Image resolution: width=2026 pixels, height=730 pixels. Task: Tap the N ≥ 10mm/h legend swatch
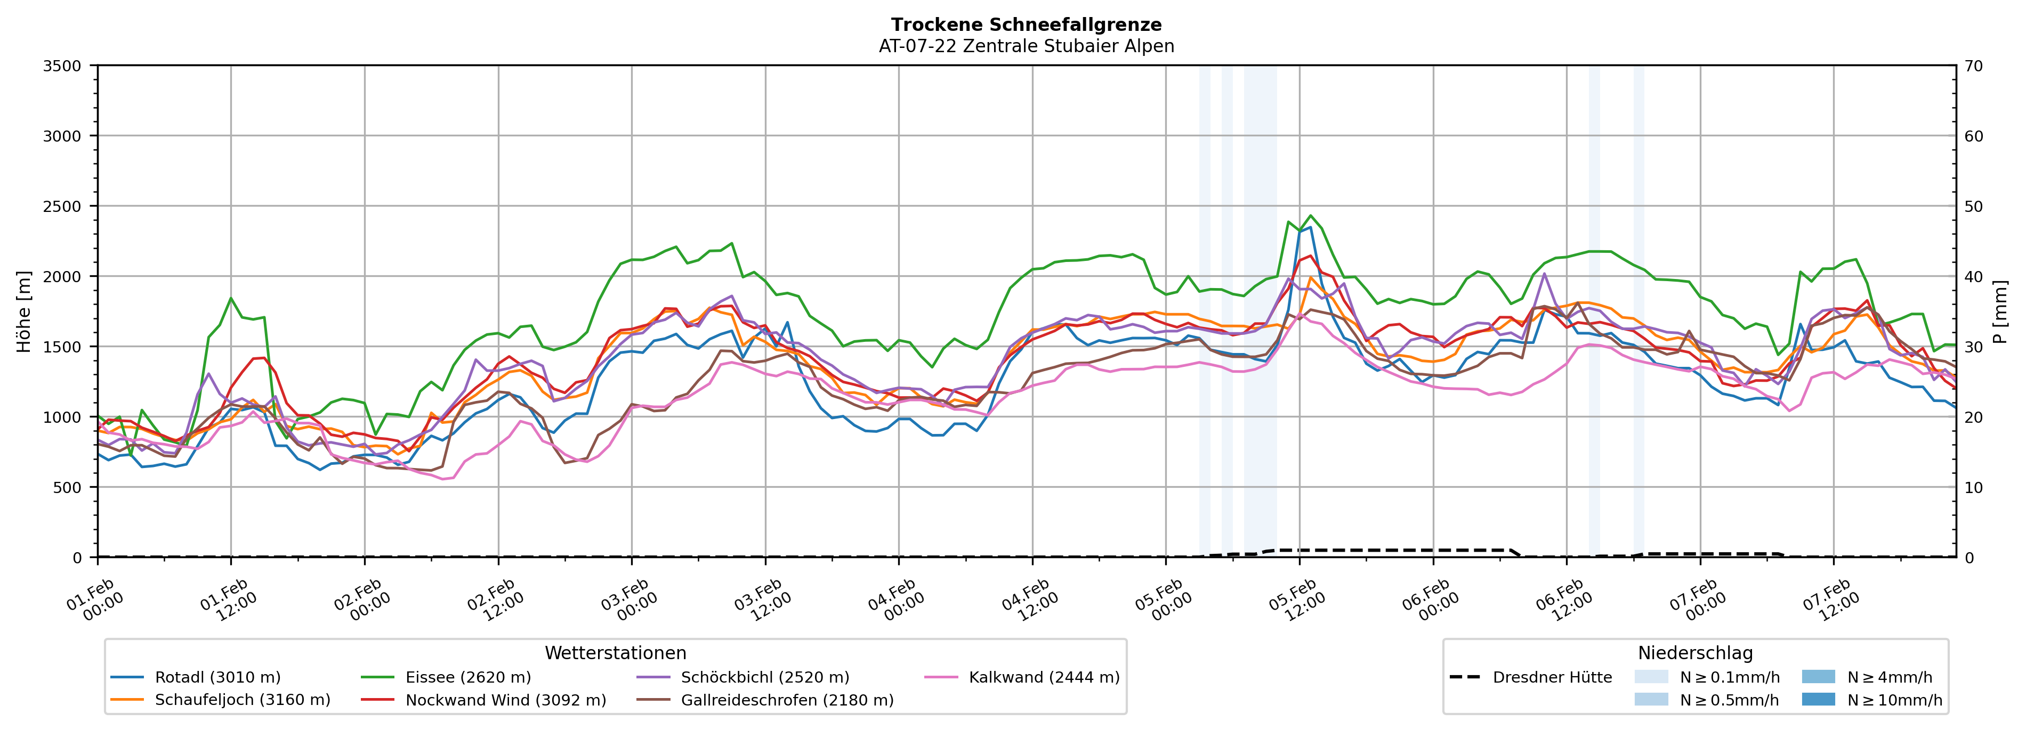coord(1818,699)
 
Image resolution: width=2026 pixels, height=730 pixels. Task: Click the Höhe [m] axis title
coord(23,312)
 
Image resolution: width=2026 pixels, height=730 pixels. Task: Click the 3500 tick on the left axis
coord(62,66)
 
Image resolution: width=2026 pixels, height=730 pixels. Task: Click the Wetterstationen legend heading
coord(615,653)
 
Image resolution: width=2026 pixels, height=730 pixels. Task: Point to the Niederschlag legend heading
coord(1695,653)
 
